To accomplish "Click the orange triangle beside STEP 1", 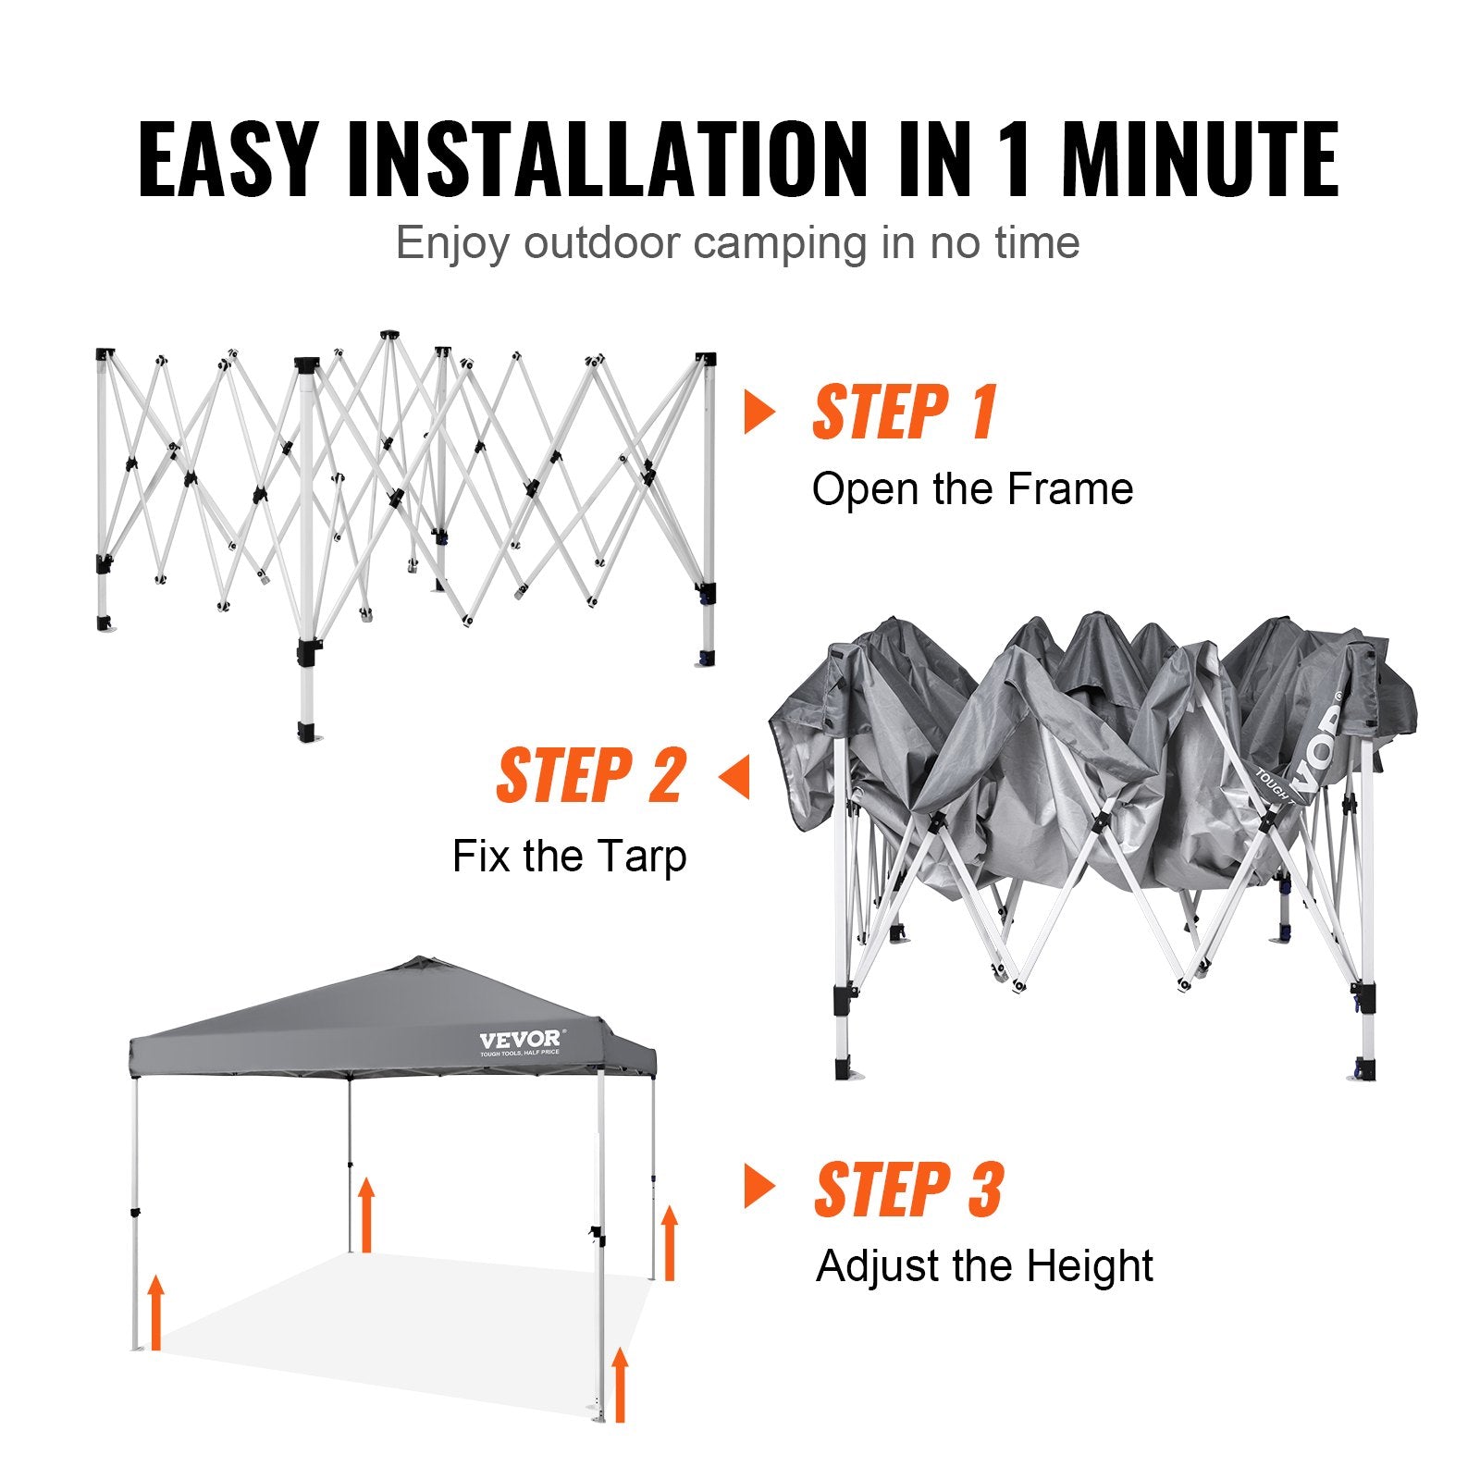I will pos(758,412).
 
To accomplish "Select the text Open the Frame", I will pos(972,489).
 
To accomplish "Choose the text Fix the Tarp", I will pos(569,856).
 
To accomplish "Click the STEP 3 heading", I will pos(908,1190).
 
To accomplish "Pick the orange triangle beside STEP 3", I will pos(758,1187).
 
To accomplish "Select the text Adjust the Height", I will pos(984,1266).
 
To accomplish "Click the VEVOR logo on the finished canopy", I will pos(520,1040).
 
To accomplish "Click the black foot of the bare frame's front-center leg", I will pos(307,733).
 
